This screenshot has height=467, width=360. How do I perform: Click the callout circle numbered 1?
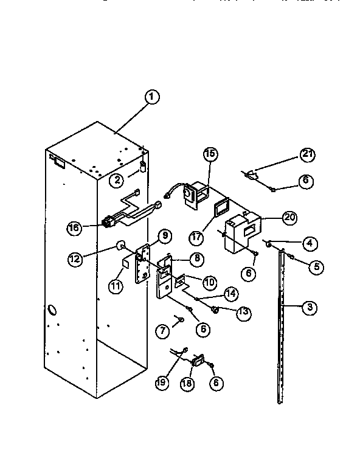(152, 96)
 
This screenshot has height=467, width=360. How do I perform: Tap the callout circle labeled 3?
(309, 308)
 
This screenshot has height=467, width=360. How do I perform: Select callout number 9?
(164, 235)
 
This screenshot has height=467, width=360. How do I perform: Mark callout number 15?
(209, 154)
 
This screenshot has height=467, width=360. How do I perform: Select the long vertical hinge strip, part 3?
(281, 328)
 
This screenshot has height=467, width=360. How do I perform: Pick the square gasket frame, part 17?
(218, 210)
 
